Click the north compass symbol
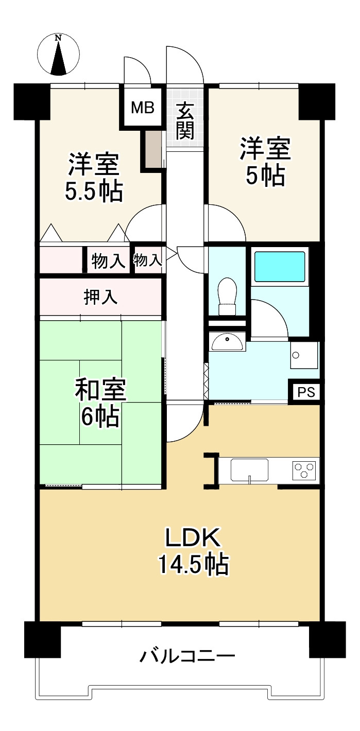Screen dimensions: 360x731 pos(58,55)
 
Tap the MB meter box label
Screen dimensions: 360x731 pos(143,108)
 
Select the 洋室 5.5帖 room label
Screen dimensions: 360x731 pos(94,177)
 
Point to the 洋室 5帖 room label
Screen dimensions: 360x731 pos(265,162)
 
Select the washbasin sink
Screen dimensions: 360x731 pos(227,342)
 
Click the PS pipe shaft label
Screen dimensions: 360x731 pos(306,392)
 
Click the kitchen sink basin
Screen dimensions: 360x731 pos(249,470)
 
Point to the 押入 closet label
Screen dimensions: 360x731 pos(100,298)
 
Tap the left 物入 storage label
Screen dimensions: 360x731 pos(108,262)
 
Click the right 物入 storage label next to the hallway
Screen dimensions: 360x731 pos(147,260)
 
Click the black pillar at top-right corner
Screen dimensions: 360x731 pos(317,102)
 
